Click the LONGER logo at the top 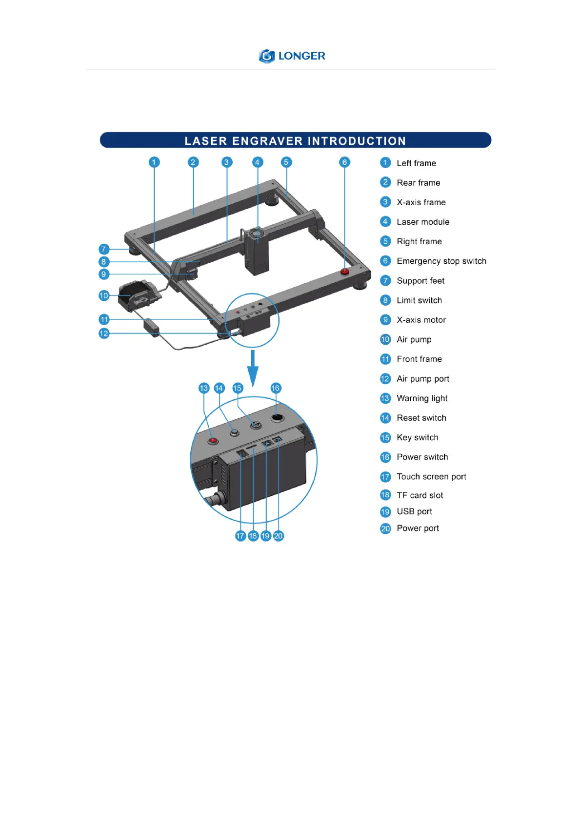tap(292, 56)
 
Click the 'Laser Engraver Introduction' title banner tap(295, 140)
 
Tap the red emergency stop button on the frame tap(345, 271)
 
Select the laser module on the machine tap(257, 251)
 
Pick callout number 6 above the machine tap(344, 162)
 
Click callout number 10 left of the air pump tap(104, 295)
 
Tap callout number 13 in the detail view tap(204, 388)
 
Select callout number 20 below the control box tap(278, 536)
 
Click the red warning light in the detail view tap(213, 441)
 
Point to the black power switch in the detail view tap(277, 418)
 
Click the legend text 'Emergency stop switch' tap(441, 261)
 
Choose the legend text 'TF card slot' tap(420, 495)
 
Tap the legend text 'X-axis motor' tap(421, 320)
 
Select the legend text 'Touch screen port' tap(431, 476)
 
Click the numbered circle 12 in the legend tap(385, 379)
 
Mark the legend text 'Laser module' tap(423, 222)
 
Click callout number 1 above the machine tap(154, 162)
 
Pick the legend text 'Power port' tap(418, 528)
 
